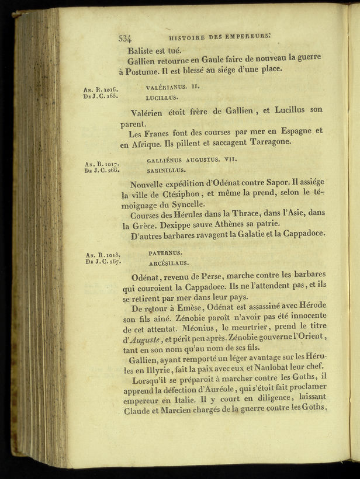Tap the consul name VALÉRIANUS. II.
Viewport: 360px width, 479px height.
pos(172,86)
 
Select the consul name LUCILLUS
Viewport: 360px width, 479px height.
pos(162,97)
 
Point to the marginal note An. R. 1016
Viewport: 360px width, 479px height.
pos(102,89)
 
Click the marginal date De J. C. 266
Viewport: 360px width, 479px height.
pos(102,171)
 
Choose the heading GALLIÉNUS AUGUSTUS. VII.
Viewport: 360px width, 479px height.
pos(192,159)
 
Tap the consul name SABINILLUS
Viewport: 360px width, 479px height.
pos(166,171)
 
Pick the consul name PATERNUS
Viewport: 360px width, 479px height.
pos(165,253)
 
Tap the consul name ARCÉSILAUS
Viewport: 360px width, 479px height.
pos(169,263)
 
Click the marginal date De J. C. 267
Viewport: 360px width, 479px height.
pos(102,262)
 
